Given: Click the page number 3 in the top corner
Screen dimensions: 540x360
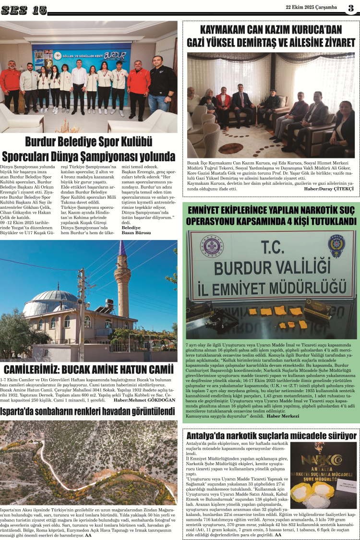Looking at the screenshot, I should (x=351, y=8).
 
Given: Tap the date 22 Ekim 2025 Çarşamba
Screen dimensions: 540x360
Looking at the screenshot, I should (x=312, y=7).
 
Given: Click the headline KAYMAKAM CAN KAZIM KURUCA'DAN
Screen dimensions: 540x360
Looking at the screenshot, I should (x=271, y=29).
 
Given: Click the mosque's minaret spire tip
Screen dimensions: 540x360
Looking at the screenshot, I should (x=122, y=246).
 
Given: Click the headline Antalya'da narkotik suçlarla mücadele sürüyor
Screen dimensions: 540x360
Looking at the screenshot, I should (x=271, y=435).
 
